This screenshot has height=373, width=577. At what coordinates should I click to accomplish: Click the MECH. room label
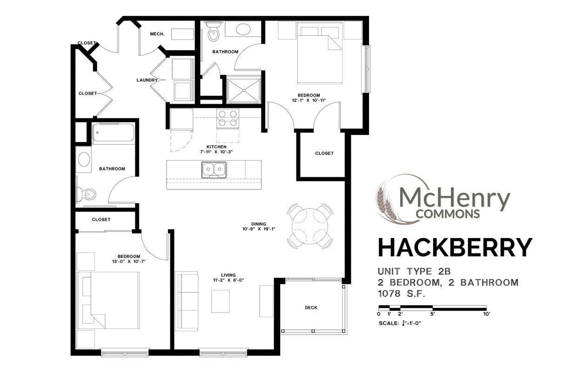155,34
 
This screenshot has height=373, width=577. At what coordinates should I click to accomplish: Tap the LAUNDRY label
147,80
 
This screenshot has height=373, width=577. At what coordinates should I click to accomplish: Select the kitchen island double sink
214,170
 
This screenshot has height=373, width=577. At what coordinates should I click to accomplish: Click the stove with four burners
228,118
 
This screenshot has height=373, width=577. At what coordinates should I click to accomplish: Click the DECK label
311,307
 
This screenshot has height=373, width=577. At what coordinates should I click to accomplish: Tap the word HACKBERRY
455,247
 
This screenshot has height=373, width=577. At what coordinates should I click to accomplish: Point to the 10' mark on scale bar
486,314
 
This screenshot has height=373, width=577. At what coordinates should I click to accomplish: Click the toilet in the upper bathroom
214,32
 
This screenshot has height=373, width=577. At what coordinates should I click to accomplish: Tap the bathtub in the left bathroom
113,133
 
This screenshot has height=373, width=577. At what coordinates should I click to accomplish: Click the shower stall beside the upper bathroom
243,90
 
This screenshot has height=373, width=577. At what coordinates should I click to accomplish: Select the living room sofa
186,301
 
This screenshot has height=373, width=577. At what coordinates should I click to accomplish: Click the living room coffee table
221,301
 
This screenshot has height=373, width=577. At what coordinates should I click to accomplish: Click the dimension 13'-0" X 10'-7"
128,261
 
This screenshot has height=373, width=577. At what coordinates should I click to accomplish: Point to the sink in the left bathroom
84,159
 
